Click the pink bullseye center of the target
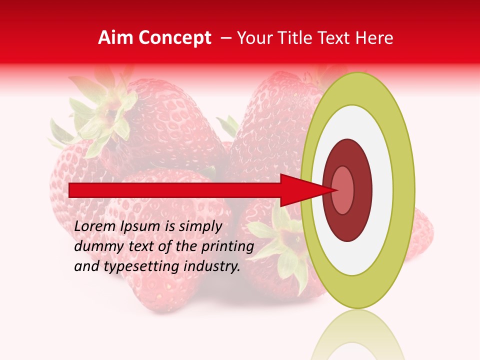(342, 190)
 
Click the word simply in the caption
(199, 226)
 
